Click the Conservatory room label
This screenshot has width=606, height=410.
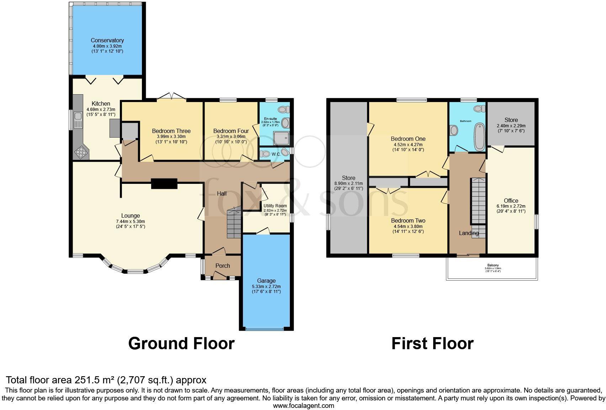(x=107, y=41)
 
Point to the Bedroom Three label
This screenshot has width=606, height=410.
(x=171, y=131)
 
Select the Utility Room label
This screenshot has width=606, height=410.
(x=275, y=206)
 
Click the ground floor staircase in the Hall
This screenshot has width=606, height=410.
(x=234, y=224)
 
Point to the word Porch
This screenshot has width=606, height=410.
(x=223, y=266)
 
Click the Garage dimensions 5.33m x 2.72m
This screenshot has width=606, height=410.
(x=266, y=286)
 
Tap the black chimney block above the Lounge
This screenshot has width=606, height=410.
(x=164, y=183)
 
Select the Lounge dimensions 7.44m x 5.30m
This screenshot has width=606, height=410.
(x=131, y=221)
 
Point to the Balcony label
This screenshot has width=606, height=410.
(x=493, y=265)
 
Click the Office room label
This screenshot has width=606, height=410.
(x=511, y=201)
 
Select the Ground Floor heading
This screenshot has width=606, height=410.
(x=181, y=344)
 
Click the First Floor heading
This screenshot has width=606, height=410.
(x=432, y=344)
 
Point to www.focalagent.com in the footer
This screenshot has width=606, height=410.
(x=303, y=405)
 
